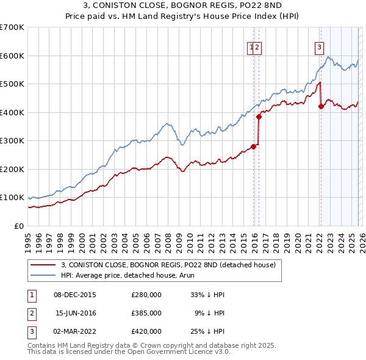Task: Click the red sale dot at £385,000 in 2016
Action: pos(259,117)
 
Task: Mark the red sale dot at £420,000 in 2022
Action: pos(321,107)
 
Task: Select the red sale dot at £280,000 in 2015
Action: pos(253,146)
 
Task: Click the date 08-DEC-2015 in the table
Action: pos(75,294)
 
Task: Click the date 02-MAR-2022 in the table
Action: pos(75,331)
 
